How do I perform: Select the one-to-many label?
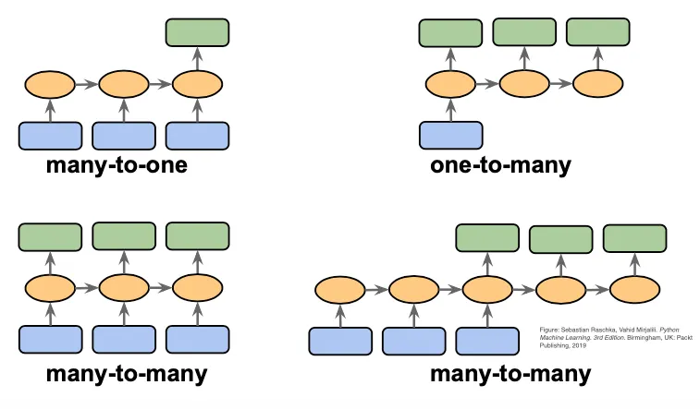(x=500, y=167)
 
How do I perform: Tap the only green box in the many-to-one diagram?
(x=197, y=32)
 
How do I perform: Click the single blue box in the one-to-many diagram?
(x=450, y=135)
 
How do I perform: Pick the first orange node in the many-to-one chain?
(x=50, y=85)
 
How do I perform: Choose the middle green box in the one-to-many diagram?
(x=524, y=32)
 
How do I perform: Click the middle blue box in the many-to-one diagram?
(x=124, y=135)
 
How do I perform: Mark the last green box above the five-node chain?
(x=634, y=238)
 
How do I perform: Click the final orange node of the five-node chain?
(x=634, y=290)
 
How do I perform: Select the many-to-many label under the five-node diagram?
(x=510, y=375)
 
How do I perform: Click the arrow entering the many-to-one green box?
(x=197, y=58)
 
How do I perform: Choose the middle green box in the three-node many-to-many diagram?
(x=124, y=236)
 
